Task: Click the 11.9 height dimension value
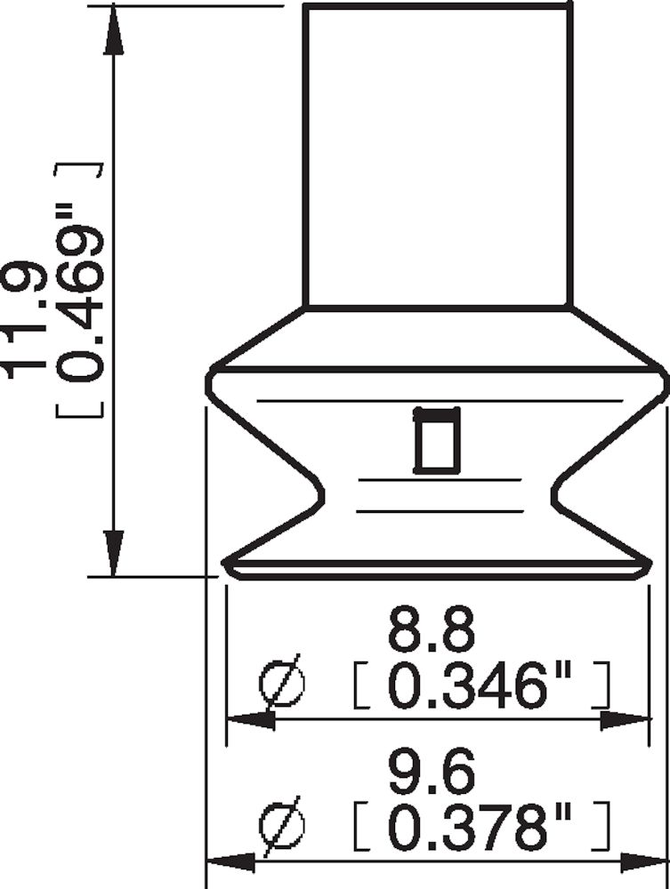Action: pos(24,317)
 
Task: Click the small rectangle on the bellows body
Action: pos(437,439)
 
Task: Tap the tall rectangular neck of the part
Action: pos(437,156)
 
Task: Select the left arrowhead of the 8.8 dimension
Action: pos(250,720)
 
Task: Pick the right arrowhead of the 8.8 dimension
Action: pos(624,720)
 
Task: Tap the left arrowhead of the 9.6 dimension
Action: pos(230,861)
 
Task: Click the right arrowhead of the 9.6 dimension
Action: pos(643,861)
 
